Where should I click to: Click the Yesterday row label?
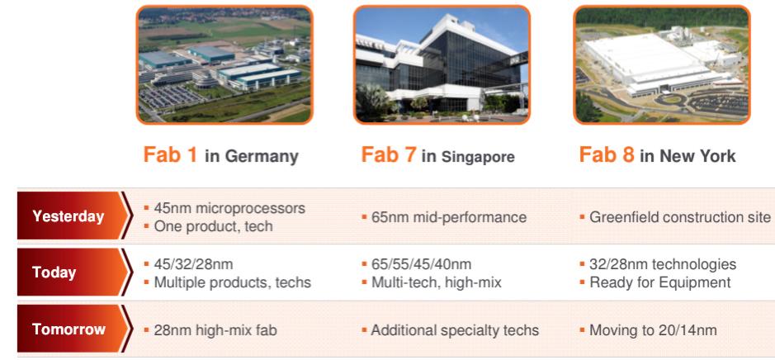tap(69, 216)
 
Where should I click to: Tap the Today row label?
tap(54, 272)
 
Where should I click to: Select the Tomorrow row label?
tap(69, 329)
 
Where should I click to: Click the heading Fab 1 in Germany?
tap(221, 155)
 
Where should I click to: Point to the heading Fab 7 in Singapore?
tap(438, 155)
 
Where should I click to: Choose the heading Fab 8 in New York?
tap(657, 155)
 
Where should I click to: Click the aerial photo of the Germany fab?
tap(224, 64)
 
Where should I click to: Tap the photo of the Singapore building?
tap(442, 64)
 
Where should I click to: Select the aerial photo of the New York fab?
tap(662, 64)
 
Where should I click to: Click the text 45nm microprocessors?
tap(229, 208)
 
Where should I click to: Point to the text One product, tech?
tap(214, 226)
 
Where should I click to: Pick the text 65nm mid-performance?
tap(449, 217)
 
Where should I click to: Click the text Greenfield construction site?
tap(680, 217)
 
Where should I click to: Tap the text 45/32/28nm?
tap(193, 264)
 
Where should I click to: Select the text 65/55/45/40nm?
tap(421, 264)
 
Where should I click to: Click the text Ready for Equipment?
tap(660, 282)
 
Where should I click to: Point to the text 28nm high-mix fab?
tap(215, 329)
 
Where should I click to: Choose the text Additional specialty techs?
tap(455, 329)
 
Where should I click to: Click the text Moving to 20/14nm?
tap(653, 329)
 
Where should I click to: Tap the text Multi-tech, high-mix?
tap(437, 282)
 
